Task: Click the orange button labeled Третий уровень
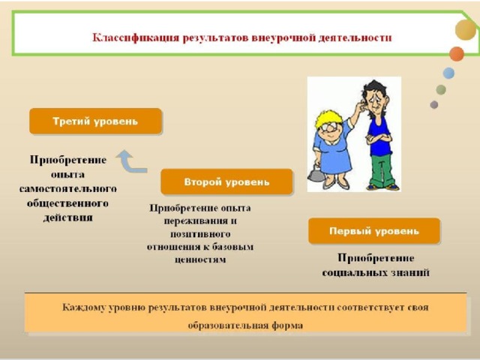[95, 121]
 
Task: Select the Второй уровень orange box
[226, 181]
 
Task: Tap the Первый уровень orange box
[374, 231]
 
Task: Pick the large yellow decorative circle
[466, 30]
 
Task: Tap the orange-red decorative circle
[457, 54]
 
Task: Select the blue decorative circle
[448, 73]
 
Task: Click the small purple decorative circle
[434, 105]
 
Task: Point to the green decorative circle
[441, 90]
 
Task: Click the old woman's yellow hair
[328, 118]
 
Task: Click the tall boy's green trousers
[382, 170]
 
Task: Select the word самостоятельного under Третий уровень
[68, 188]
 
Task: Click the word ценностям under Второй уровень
[200, 259]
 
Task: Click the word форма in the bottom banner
[287, 325]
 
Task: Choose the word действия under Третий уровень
[68, 217]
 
